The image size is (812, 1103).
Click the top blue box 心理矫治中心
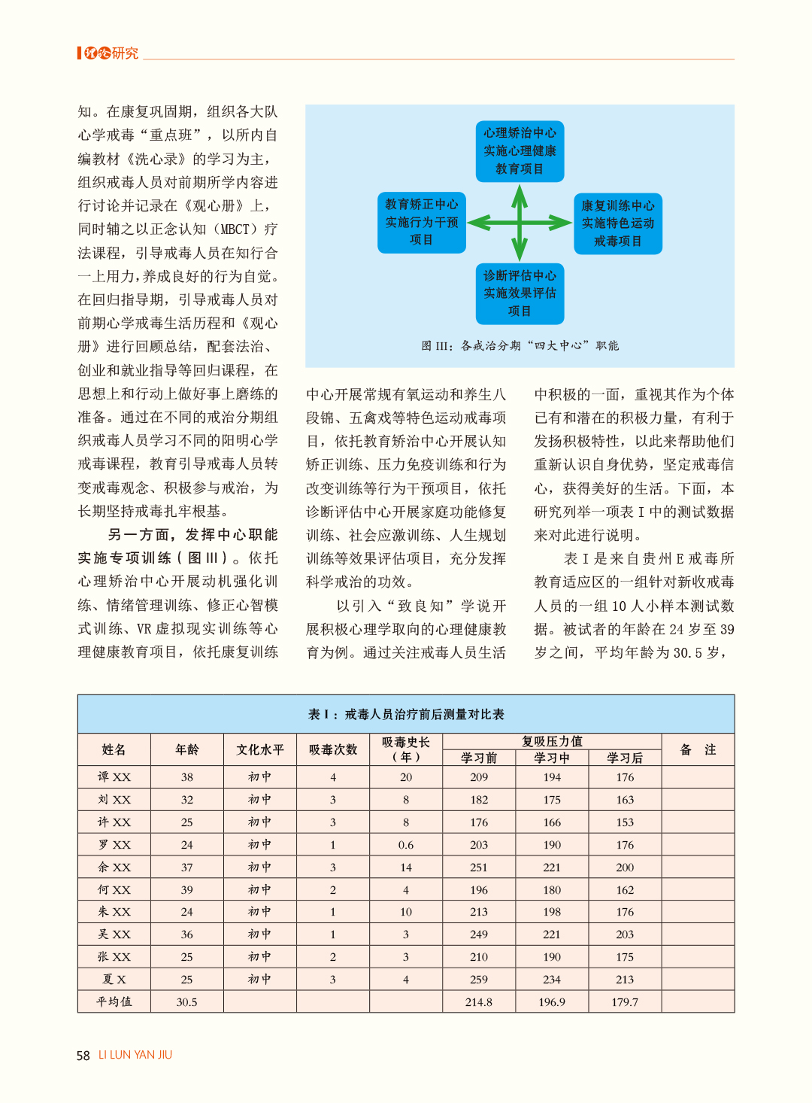(x=520, y=151)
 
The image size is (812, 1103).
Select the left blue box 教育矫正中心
(x=422, y=222)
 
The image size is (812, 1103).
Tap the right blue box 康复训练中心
(x=617, y=223)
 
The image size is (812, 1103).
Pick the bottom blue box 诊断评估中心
(x=520, y=293)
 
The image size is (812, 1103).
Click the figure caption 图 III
(x=520, y=346)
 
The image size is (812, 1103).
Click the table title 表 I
(x=406, y=714)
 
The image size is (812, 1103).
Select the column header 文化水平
(x=260, y=749)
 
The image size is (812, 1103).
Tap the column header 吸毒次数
(x=333, y=749)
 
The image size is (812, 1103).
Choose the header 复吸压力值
(x=552, y=741)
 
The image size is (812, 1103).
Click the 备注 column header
(x=698, y=749)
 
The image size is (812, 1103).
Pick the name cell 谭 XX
(x=114, y=777)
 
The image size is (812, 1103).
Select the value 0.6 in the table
(x=406, y=845)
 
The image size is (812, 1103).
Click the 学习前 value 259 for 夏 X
(x=479, y=980)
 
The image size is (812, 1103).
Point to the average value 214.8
(x=479, y=1002)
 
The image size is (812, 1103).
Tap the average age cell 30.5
(x=187, y=1002)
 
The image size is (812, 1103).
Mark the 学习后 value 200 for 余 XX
(x=625, y=868)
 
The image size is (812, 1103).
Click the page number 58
(x=83, y=1056)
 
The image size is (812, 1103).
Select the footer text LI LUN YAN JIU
(x=135, y=1055)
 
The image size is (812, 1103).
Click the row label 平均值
(x=114, y=1002)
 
